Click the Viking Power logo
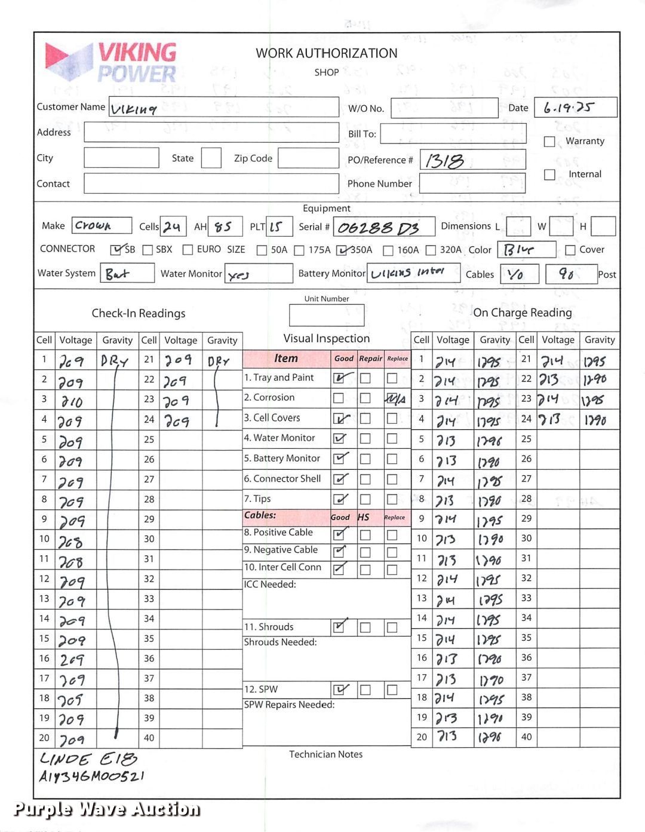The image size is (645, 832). tap(111, 62)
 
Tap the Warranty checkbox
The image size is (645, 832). tap(549, 142)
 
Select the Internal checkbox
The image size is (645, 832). tap(549, 175)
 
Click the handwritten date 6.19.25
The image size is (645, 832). tap(569, 108)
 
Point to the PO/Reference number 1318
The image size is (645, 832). tap(446, 161)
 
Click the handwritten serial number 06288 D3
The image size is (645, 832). tap(379, 228)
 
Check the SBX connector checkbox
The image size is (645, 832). tap(148, 250)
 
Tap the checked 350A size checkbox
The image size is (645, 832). tap(342, 250)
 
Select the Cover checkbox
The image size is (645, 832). tap(570, 250)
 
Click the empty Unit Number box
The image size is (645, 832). tap(326, 315)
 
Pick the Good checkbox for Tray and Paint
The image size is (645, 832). tap(339, 378)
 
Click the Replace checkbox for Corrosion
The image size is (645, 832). tap(392, 398)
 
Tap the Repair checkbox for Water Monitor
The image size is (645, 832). tap(365, 439)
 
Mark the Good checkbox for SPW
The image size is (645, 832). tap(339, 690)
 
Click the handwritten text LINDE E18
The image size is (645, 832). tap(88, 759)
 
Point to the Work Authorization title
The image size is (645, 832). tap(326, 53)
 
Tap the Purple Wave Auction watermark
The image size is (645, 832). tap(106, 809)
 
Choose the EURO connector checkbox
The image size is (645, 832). tap(188, 250)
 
